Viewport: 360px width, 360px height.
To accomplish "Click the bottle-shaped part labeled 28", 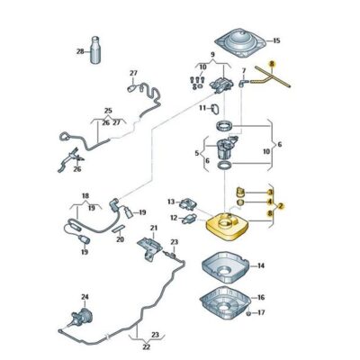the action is (x=96, y=50).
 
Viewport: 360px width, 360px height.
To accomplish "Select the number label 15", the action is (x=275, y=40).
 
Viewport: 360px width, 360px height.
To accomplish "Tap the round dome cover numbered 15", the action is (x=241, y=43).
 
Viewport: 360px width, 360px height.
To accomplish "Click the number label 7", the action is (x=244, y=71).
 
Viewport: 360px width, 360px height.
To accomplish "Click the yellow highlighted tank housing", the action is (x=229, y=226).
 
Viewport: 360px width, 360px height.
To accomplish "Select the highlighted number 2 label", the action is (x=281, y=206).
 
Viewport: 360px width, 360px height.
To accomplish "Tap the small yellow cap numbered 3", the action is (x=239, y=192).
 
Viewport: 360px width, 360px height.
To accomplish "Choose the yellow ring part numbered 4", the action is (x=240, y=202).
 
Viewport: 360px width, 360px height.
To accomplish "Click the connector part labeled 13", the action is (x=187, y=204).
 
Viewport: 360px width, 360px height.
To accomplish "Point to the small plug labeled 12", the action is (x=189, y=219).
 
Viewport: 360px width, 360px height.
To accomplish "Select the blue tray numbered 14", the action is (x=225, y=267).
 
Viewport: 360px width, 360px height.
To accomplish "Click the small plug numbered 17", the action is (x=248, y=314).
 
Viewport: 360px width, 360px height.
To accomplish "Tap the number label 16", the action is (x=261, y=297).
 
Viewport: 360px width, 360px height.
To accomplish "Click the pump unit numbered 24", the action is (x=81, y=316).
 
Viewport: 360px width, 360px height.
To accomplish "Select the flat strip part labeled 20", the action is (x=118, y=229).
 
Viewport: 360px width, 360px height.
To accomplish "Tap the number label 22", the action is (x=146, y=347).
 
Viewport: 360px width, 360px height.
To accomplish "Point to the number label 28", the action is (x=80, y=51).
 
